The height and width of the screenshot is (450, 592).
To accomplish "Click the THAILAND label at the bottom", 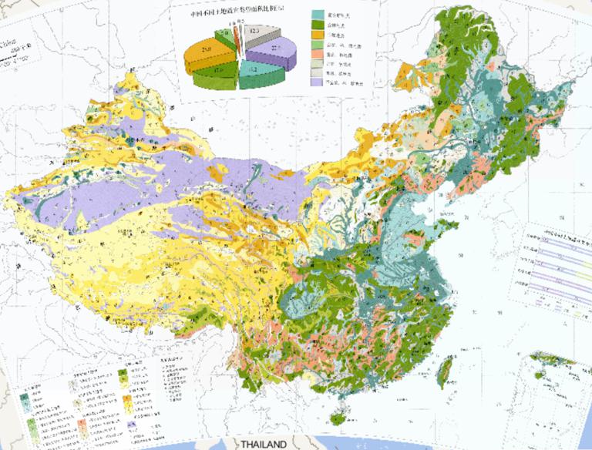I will [263, 445].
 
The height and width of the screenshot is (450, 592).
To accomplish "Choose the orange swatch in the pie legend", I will [317, 35].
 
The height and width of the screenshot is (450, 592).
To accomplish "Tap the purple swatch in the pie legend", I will [317, 80].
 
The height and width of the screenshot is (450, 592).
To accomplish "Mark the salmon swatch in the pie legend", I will [317, 58].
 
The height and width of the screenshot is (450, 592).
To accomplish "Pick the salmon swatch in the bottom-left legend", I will [81, 425].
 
